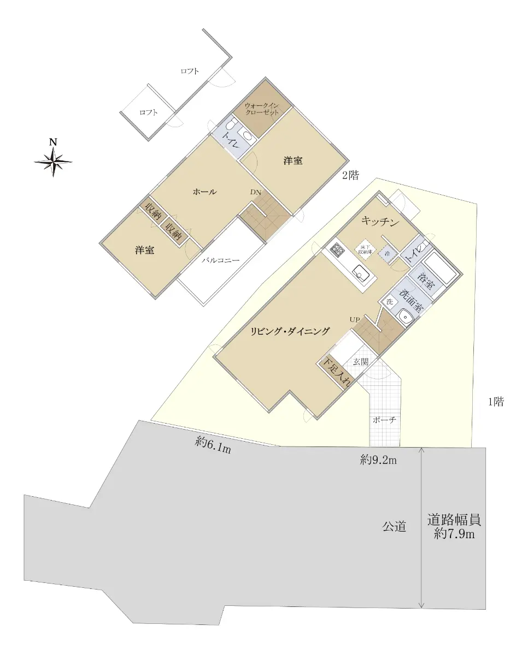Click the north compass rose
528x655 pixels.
tap(54, 162)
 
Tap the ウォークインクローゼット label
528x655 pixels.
tap(262, 109)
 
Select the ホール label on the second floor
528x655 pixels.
tap(205, 192)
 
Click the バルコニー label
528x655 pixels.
tap(221, 260)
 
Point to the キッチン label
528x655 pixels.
tap(380, 222)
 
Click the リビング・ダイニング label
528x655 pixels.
tap(290, 331)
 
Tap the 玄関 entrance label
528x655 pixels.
tap(361, 361)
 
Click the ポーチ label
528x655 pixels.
tap(385, 420)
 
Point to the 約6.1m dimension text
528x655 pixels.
tap(213, 446)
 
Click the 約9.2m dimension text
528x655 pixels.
tap(378, 460)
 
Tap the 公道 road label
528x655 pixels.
tap(394, 527)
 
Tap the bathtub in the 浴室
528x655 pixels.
tap(440, 268)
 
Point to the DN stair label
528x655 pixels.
tap(256, 192)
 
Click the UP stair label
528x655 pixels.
tap(355, 320)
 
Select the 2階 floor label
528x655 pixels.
tap(350, 175)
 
